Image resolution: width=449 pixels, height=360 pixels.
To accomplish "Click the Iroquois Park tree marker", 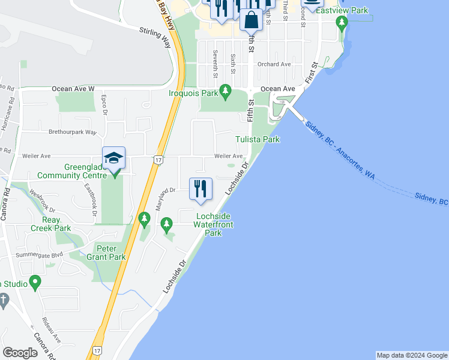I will coord(225,92).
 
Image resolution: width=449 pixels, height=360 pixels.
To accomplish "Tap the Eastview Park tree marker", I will coord(342,23).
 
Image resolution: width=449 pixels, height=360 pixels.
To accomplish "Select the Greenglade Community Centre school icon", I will coord(113,158).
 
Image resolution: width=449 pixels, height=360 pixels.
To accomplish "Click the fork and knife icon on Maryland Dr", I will coord(200,188).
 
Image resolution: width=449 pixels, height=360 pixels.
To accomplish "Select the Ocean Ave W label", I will coord(73,89).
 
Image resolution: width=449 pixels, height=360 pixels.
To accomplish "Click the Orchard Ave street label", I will coord(274,64).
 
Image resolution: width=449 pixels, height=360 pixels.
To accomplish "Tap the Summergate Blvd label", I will coord(41,256).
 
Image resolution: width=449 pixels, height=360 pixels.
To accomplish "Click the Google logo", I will coord(20,353).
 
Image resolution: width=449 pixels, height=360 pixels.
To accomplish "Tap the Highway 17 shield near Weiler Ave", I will coord(158,160).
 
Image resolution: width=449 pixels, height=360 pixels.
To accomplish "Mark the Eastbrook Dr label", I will coord(91,199).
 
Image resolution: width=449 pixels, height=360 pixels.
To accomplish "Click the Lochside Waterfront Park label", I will coord(213,224).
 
